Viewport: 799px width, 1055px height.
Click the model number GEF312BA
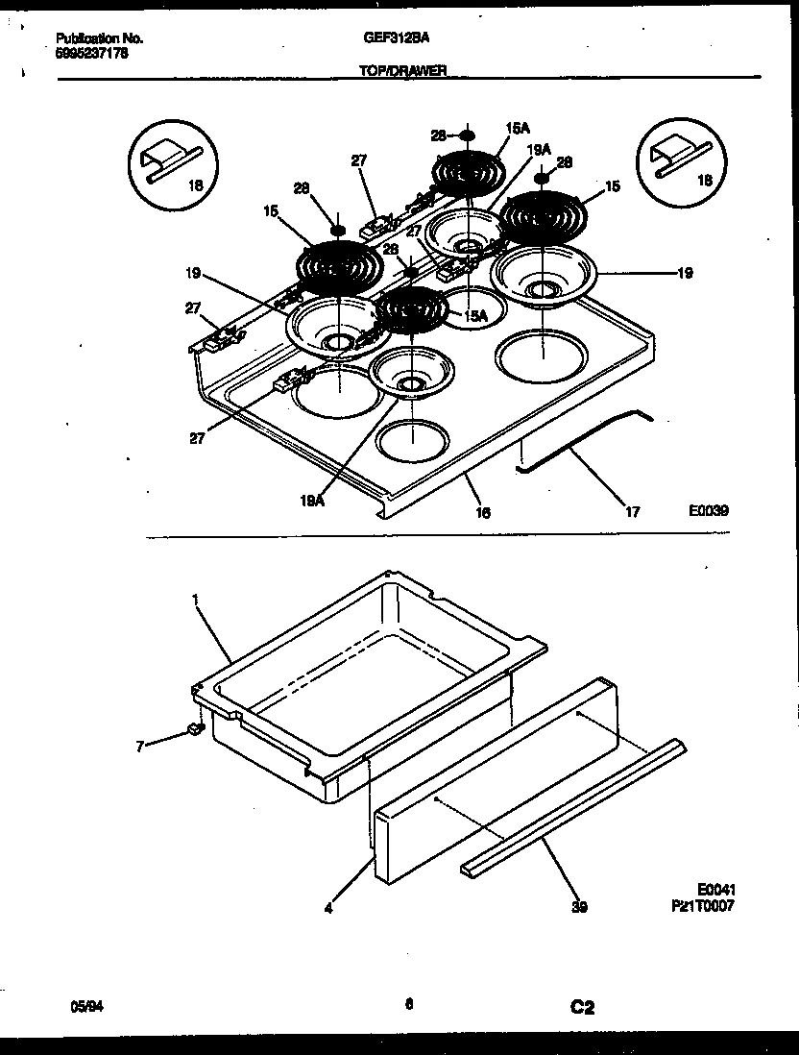click(396, 37)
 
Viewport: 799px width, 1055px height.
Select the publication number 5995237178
click(91, 54)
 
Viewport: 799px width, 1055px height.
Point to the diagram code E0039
click(708, 511)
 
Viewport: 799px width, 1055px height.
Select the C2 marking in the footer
click(582, 1007)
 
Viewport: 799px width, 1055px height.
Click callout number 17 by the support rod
click(632, 512)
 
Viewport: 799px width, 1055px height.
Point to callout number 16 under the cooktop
click(482, 513)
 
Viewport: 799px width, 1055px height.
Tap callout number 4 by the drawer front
click(328, 906)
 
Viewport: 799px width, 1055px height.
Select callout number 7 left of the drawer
click(140, 746)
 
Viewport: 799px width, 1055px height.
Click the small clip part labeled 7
click(195, 730)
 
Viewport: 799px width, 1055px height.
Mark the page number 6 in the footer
click(408, 1005)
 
